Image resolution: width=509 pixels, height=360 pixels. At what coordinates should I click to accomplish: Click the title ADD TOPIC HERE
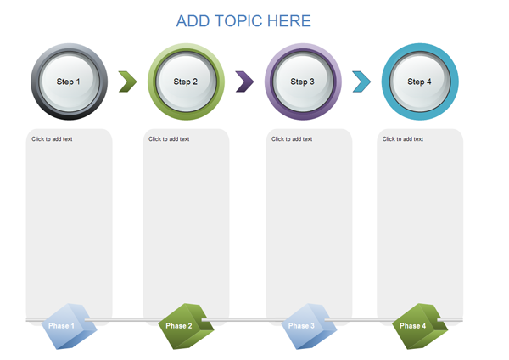(x=243, y=21)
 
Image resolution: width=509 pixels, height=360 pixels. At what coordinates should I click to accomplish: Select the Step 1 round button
(x=69, y=82)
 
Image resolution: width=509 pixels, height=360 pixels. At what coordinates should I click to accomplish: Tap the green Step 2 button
(x=186, y=82)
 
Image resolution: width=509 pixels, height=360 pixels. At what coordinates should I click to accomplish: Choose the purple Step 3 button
(x=303, y=82)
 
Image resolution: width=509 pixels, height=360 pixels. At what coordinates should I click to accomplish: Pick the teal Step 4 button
(x=419, y=82)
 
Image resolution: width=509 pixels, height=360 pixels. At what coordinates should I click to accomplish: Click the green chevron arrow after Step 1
(x=127, y=82)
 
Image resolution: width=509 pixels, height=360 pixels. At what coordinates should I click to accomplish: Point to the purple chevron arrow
(x=244, y=82)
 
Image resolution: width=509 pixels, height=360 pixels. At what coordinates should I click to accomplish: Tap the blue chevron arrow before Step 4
(x=361, y=82)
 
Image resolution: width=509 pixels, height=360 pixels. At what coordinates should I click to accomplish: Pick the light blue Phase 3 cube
(x=305, y=326)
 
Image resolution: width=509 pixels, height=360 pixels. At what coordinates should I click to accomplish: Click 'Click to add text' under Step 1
(x=52, y=139)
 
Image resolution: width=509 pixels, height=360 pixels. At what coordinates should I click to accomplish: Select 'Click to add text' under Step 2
(x=169, y=139)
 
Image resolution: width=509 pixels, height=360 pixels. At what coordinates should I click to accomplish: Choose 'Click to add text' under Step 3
(x=292, y=139)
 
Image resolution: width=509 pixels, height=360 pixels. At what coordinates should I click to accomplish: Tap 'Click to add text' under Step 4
(x=403, y=139)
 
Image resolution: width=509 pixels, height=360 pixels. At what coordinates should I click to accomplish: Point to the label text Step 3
(x=302, y=82)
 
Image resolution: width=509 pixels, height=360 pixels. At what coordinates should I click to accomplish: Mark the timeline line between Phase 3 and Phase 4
(x=361, y=320)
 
